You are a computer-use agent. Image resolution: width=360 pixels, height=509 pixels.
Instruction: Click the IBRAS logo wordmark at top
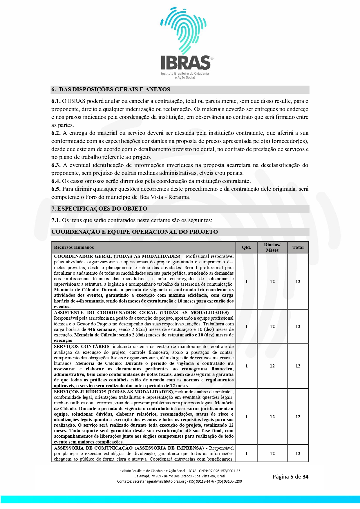(x=186, y=62)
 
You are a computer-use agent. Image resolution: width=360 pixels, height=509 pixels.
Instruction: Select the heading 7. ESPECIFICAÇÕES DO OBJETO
(x=99, y=209)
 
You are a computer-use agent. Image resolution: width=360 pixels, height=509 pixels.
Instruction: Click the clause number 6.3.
(x=56, y=165)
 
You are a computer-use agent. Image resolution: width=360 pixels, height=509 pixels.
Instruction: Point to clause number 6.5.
(x=56, y=189)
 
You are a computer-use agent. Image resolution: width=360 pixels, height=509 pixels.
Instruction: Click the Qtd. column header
(x=246, y=247)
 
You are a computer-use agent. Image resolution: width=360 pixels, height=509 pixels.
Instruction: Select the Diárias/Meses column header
(x=272, y=247)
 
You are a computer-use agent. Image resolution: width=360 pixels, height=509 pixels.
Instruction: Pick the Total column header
(x=298, y=247)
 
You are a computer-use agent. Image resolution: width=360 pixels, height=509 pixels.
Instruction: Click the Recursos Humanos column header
(x=74, y=247)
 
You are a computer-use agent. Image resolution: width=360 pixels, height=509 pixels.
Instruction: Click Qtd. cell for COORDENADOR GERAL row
(x=247, y=282)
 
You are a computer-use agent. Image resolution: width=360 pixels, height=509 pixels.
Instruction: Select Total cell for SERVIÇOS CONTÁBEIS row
(x=298, y=366)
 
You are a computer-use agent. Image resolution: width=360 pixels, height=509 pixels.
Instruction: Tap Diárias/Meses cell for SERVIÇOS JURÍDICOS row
(x=272, y=417)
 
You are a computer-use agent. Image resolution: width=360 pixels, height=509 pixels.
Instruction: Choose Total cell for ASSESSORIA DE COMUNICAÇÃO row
(x=298, y=454)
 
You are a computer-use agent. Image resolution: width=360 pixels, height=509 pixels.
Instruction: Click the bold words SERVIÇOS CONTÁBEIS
(x=82, y=347)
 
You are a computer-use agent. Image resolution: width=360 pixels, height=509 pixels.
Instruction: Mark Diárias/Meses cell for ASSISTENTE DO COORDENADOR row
(x=272, y=327)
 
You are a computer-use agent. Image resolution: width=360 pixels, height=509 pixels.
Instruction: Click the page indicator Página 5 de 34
(x=290, y=477)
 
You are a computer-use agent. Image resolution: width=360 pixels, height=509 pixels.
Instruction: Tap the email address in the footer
(x=160, y=481)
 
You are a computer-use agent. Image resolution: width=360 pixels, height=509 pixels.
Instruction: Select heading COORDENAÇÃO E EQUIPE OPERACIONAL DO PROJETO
(x=135, y=232)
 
